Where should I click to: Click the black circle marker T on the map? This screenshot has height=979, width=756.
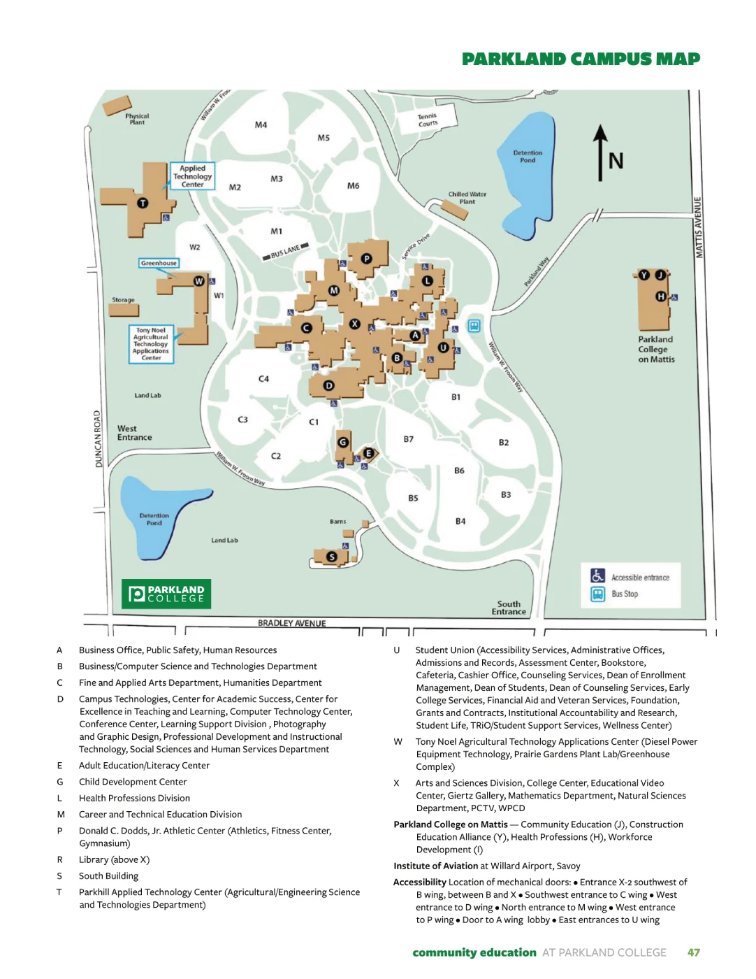tap(143, 203)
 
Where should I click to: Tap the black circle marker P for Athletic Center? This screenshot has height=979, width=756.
tap(366, 259)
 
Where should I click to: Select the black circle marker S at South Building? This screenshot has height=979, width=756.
tap(332, 557)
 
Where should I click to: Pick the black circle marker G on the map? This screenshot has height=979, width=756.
tap(342, 442)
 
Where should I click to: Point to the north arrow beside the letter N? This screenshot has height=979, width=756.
tap(599, 152)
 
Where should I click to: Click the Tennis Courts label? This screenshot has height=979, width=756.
tap(428, 120)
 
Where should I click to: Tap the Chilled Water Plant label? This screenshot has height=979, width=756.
tap(467, 198)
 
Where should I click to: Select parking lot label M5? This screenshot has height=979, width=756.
tap(324, 138)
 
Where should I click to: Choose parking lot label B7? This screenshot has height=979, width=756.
tap(409, 439)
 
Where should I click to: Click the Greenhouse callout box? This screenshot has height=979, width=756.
tap(159, 263)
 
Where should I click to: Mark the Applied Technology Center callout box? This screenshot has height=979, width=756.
tap(192, 176)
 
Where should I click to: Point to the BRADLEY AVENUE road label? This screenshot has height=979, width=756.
tap(291, 623)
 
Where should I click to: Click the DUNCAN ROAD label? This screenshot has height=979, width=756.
tap(99, 438)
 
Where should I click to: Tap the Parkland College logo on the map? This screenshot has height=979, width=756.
tap(166, 594)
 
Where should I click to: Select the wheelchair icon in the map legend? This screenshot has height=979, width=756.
tap(597, 576)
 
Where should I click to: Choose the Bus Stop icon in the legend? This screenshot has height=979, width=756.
tap(597, 594)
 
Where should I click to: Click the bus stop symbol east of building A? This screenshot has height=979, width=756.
tap(474, 326)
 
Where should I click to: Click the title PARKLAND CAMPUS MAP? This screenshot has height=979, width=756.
tap(581, 59)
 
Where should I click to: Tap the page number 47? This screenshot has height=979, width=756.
tap(693, 952)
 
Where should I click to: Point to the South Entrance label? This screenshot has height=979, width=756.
tap(509, 608)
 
